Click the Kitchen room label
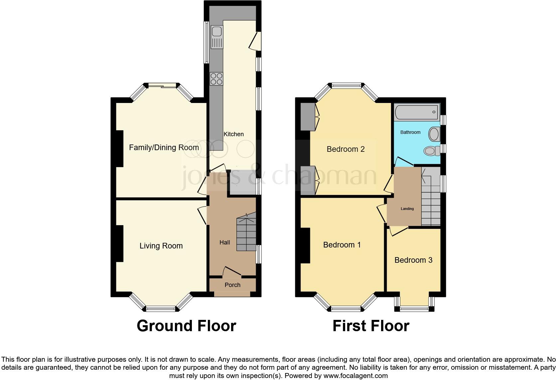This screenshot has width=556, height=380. click(x=233, y=134)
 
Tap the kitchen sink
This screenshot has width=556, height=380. click(x=216, y=32)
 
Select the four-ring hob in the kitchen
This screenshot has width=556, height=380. click(x=216, y=79)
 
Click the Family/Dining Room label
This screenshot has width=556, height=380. click(x=164, y=147)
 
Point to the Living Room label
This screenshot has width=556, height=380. click(x=161, y=246)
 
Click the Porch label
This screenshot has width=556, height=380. click(x=232, y=285)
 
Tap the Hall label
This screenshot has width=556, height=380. click(x=224, y=242)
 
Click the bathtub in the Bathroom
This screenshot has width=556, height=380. click(x=417, y=112)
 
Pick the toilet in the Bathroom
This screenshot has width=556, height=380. click(x=431, y=151)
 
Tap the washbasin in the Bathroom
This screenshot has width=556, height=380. click(x=434, y=134)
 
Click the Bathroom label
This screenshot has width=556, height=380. click(x=410, y=132)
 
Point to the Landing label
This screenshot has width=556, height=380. click(x=407, y=209)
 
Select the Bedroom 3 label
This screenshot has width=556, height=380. click(x=413, y=260)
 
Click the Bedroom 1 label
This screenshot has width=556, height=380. click(x=342, y=245)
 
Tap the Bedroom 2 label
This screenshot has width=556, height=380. click(x=346, y=149)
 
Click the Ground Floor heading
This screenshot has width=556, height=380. click(x=186, y=326)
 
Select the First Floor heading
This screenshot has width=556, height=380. click(x=371, y=326)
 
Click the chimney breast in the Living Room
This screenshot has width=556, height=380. click(x=119, y=243)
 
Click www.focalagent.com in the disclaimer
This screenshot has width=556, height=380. click(x=355, y=376)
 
